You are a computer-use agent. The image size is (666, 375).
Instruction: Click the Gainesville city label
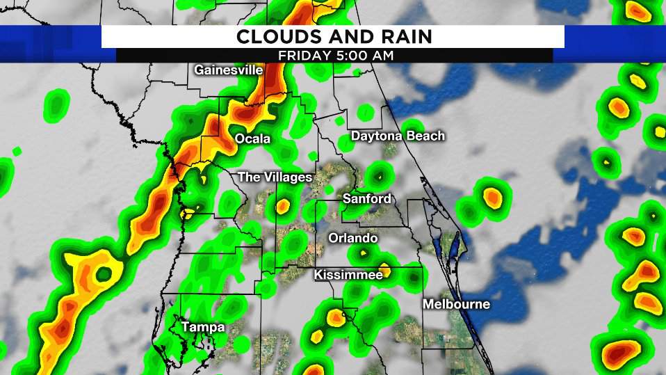pos(228,70)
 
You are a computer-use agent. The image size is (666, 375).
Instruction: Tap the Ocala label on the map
pos(252,139)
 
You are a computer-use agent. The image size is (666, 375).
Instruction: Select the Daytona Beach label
pos(397,136)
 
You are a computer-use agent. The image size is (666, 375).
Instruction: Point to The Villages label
pos(275,177)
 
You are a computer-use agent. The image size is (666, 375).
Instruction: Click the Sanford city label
pos(366,199)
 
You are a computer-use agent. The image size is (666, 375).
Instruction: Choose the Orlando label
pos(354,238)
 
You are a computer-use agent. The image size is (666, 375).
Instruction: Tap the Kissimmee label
pos(348,276)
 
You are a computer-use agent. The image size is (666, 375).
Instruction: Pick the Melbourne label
pos(456,304)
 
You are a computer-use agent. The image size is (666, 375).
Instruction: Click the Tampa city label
pos(203,326)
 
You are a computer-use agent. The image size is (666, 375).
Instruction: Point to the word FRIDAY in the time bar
pos(302,55)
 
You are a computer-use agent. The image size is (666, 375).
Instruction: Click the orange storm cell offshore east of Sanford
pos(492,198)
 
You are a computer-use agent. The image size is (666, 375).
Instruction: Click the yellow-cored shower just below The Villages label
pos(282,206)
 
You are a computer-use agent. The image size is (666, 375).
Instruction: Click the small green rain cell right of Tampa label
pos(241,344)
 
